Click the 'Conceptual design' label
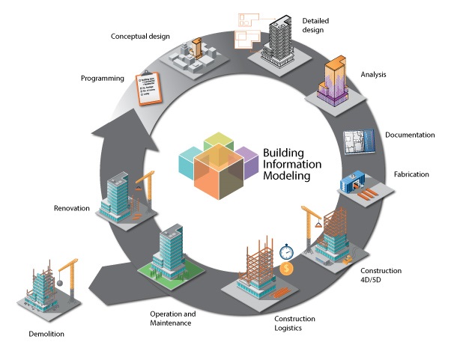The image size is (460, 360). tap(141, 37)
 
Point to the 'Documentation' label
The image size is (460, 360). tap(410, 135)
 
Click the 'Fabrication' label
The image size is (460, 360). tap(411, 175)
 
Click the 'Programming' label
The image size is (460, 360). tap(103, 79)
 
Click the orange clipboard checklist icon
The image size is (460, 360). tap(148, 88)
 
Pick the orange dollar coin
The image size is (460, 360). tap(287, 268)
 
